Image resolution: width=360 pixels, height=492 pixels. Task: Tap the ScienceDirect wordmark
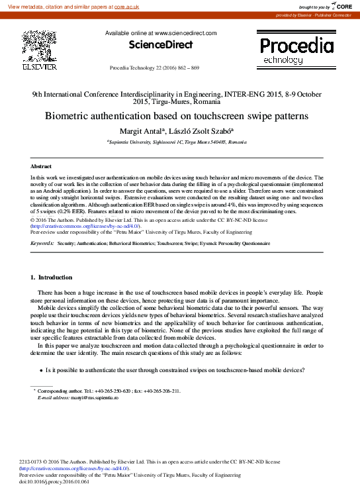160,44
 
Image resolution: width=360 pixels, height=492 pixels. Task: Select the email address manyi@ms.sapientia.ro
85,397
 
